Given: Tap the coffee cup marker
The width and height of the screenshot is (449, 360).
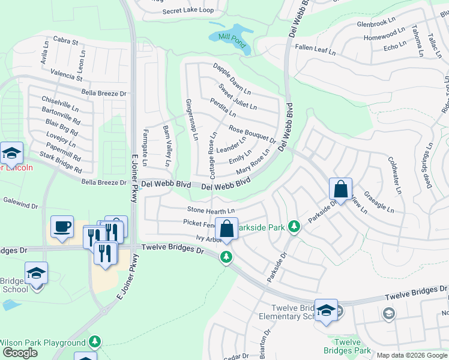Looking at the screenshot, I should coord(62,227).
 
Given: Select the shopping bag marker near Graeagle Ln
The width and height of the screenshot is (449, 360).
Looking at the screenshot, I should coord(340,190).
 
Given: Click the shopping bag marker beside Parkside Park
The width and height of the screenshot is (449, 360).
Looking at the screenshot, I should coord(226,229).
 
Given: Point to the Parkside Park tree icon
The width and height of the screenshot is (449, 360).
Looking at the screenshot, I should coord(294,226).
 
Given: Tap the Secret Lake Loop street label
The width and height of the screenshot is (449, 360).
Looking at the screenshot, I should coord(188,11).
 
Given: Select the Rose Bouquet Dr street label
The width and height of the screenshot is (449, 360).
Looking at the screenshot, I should coord(252,135).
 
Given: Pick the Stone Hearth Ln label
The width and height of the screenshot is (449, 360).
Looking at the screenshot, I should coord(210,211).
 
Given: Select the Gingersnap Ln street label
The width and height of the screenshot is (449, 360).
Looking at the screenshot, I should coord(191,119).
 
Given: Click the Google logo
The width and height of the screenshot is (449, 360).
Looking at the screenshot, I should coord(20,353).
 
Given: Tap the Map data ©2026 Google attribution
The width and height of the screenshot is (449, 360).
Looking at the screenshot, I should coord(412,355).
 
